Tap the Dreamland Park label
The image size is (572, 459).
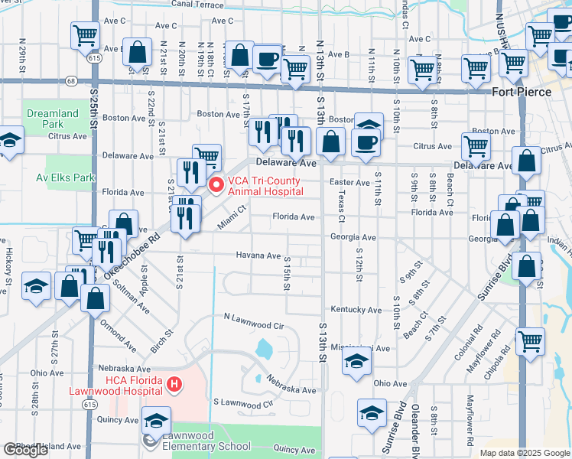click(53, 119)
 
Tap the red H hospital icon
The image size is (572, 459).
click(174, 383)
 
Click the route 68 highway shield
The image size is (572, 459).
click(71, 80)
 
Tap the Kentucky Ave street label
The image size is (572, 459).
click(356, 309)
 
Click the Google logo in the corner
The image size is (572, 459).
click(26, 450)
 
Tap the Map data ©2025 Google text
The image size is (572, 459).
click(524, 453)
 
